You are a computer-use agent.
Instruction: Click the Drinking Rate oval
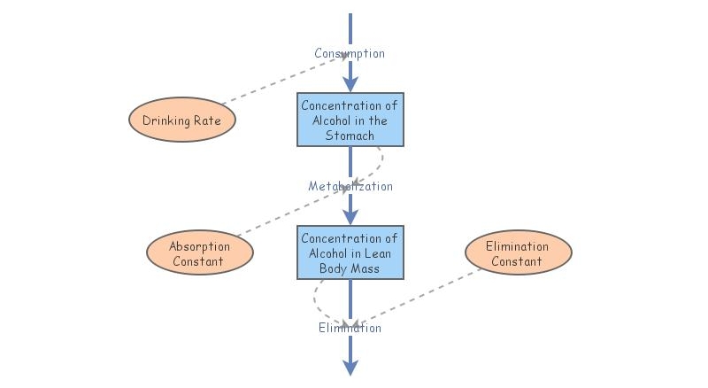[x=182, y=120]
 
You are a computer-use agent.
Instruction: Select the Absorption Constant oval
[x=199, y=253]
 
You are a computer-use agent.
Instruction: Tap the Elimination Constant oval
[x=518, y=253]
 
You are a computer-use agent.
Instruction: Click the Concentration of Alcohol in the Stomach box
[x=350, y=120]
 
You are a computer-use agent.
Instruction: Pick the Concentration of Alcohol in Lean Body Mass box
[x=350, y=252]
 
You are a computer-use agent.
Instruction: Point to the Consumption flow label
[x=350, y=53]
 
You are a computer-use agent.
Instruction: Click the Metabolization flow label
[x=350, y=186]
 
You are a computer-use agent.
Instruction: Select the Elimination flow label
[x=350, y=328]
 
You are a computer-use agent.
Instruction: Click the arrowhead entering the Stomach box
[x=350, y=83]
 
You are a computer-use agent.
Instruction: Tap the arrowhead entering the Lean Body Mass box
[x=350, y=216]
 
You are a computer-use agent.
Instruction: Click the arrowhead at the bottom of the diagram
[x=350, y=367]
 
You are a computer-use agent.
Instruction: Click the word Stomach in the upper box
[x=350, y=136]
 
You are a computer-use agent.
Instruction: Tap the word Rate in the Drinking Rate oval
[x=207, y=120]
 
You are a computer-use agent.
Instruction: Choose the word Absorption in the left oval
[x=199, y=246]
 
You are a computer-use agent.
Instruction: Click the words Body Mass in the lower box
[x=350, y=268]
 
